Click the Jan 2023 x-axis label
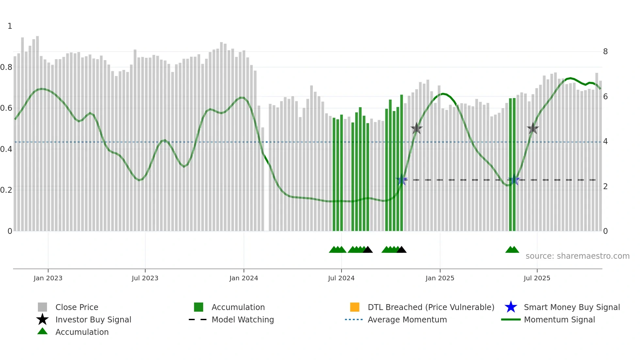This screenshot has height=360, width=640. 48,278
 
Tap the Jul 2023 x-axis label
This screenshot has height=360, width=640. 145,278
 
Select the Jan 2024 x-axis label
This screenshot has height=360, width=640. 244,278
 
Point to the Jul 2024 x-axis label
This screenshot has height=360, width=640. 341,278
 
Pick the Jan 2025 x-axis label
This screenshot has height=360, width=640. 440,278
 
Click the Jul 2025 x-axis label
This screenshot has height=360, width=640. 537,278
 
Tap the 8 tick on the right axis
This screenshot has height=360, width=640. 605,52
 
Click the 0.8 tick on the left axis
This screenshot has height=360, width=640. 7,67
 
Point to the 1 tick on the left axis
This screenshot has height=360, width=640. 10,26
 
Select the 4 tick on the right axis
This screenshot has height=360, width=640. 605,141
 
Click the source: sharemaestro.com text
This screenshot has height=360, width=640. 577,256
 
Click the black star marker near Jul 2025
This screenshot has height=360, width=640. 533,129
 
